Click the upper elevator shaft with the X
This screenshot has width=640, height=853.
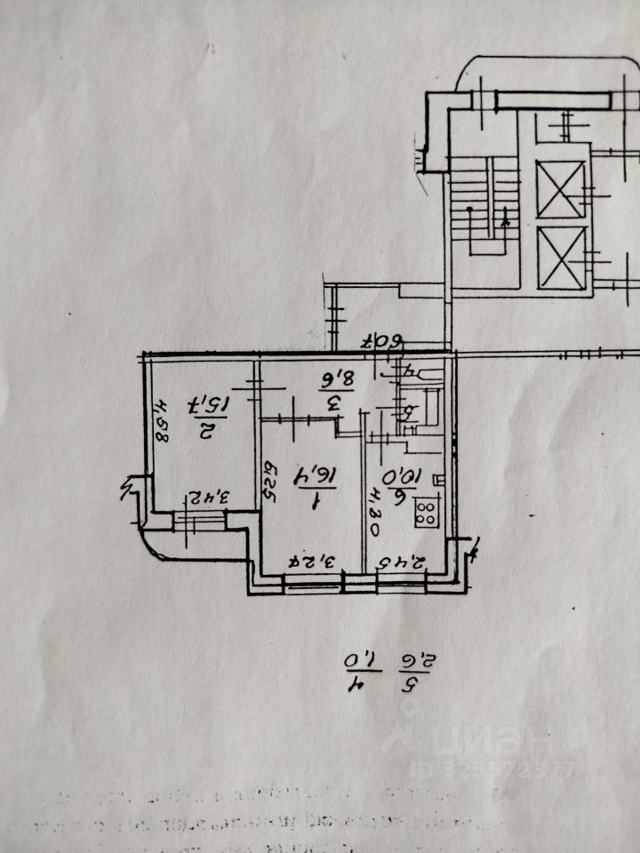coord(561,189)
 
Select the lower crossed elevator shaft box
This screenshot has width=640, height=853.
coord(562,258)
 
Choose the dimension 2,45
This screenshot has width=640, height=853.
coord(404,562)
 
